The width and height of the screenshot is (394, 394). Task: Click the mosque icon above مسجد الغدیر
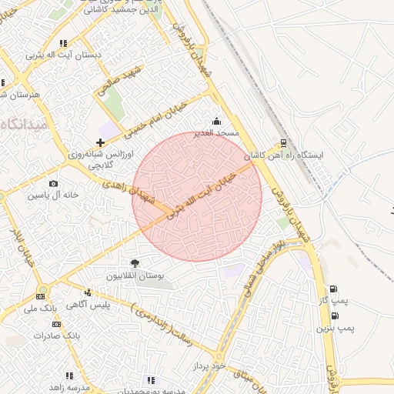tap(216, 121)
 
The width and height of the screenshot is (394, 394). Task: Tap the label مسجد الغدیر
tap(217, 133)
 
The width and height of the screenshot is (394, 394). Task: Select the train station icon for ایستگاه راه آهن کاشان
tap(283, 142)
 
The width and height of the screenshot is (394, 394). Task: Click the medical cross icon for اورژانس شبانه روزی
tap(100, 142)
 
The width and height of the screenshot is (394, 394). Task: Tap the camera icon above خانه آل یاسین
tap(53, 183)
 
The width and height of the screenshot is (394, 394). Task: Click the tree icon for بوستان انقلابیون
tap(135, 263)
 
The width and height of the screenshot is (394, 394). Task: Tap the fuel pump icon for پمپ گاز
tap(333, 290)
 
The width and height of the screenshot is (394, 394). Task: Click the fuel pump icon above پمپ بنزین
tap(334, 316)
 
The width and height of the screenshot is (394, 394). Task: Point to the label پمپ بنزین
tap(336, 328)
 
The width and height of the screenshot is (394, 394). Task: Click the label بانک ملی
tap(41, 309)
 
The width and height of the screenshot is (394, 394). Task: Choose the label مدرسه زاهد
tap(69, 387)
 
